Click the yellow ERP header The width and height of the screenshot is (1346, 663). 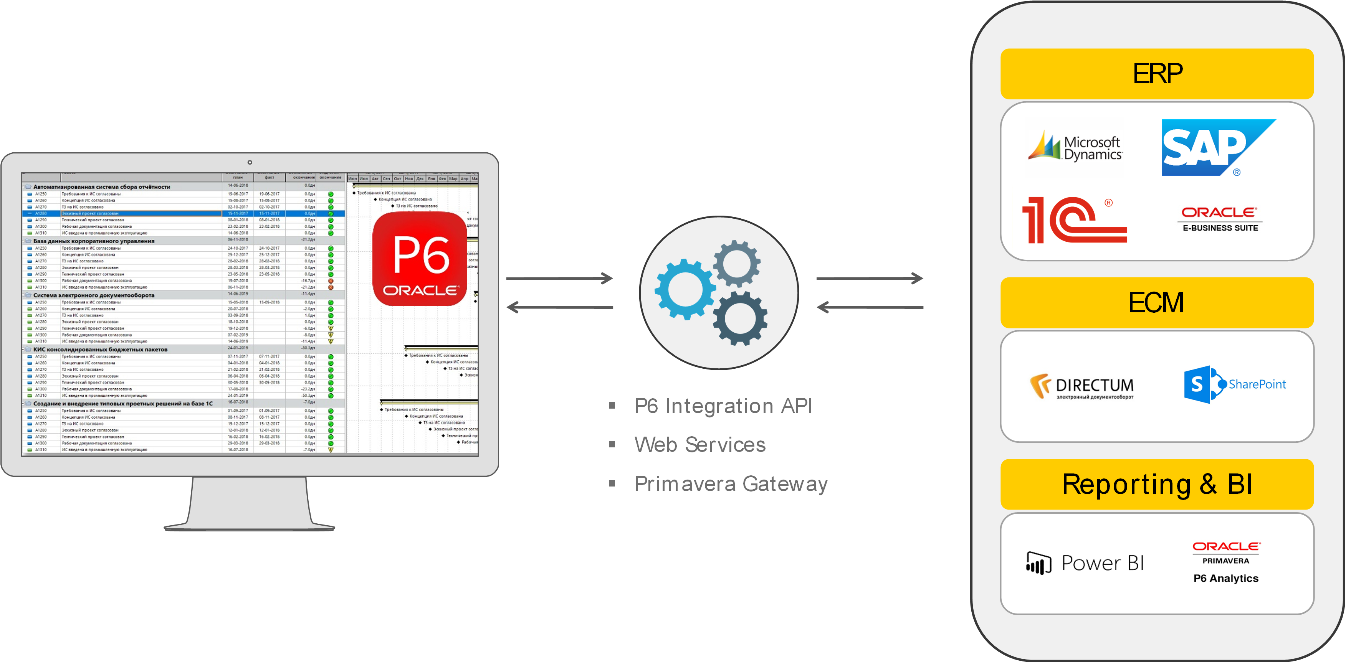click(x=1156, y=74)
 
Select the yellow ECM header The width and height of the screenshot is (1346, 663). click(x=1156, y=303)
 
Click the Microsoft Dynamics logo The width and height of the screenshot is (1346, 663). click(x=1075, y=147)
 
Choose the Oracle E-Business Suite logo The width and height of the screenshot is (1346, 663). click(x=1220, y=219)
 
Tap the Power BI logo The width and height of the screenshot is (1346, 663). click(x=1085, y=563)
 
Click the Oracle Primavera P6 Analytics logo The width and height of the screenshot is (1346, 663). click(x=1226, y=562)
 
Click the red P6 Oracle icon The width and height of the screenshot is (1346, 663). click(x=420, y=259)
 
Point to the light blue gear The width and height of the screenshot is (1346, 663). click(x=684, y=289)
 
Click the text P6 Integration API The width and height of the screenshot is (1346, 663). click(x=723, y=406)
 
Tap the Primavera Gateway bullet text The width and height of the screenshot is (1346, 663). click(x=731, y=484)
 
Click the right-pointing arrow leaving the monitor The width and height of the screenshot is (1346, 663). click(x=559, y=278)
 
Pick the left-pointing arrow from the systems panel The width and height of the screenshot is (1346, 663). click(x=870, y=307)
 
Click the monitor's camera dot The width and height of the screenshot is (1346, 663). click(x=250, y=162)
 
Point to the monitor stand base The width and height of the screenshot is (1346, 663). click(x=249, y=527)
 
